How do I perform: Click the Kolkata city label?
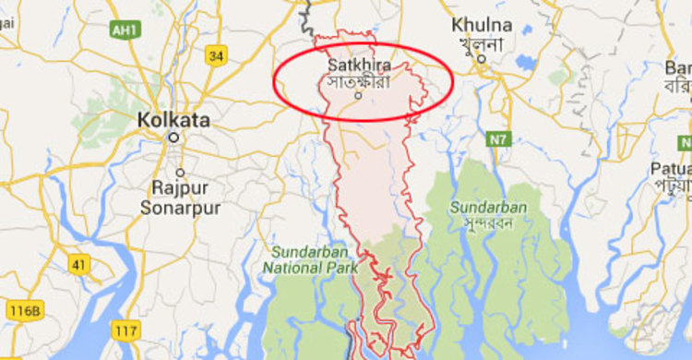173,120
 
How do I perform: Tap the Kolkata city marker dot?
173,137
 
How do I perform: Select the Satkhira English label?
359,66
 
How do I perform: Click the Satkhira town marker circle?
359,96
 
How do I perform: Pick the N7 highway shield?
498,138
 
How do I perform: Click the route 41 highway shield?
79,266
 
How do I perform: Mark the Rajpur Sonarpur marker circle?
180,173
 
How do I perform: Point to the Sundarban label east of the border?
488,207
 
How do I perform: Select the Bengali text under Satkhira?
359,82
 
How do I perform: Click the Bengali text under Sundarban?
488,223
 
